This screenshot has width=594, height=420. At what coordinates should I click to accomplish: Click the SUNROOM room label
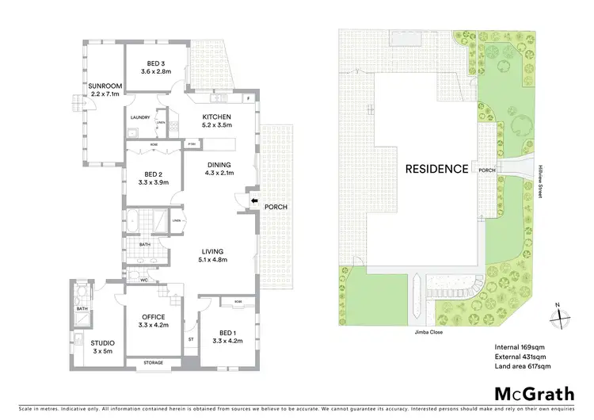[104, 89]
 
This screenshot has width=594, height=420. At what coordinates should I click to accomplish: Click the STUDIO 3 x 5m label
[103, 346]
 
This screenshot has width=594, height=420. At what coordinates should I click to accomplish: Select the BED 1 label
[225, 336]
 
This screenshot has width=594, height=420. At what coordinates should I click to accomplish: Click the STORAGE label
[154, 363]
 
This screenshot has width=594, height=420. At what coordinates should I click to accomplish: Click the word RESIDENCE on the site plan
[436, 169]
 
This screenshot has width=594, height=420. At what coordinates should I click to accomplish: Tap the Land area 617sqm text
[523, 366]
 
